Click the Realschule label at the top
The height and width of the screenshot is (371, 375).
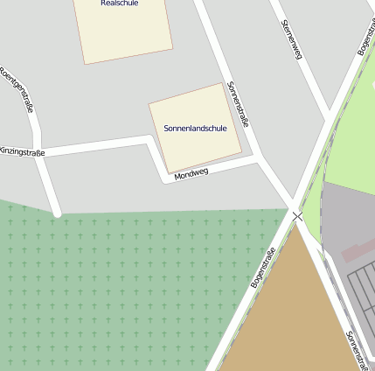[120, 3]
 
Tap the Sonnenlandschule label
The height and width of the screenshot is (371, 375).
[195, 129]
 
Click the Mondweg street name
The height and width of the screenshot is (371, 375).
[191, 174]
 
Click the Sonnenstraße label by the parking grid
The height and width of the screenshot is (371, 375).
[358, 349]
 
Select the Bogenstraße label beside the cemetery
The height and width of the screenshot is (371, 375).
[263, 269]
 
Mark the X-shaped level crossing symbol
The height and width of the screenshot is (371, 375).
[298, 215]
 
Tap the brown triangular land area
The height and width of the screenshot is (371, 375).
[284, 315]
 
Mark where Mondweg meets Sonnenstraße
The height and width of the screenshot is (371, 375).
[259, 160]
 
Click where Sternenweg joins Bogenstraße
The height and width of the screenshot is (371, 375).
[329, 118]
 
